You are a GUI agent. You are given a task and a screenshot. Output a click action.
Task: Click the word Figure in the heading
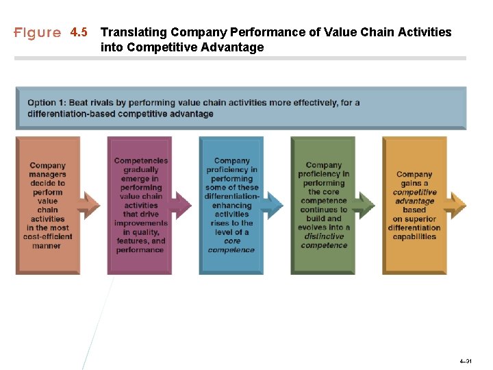tap(38, 33)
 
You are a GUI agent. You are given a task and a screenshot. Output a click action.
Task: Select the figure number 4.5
tap(79, 33)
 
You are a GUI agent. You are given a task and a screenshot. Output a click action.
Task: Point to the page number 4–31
tap(466, 359)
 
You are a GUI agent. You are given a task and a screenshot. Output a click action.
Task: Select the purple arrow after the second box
tap(181, 204)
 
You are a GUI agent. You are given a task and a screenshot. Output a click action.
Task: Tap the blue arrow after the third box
tap(273, 204)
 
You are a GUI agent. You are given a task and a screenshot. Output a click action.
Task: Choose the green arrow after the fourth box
tap(364, 204)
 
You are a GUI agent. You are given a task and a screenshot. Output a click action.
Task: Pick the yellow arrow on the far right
tap(457, 204)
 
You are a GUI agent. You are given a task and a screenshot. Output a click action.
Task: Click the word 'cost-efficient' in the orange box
tap(48, 236)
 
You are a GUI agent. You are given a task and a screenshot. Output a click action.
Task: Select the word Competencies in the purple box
tap(141, 161)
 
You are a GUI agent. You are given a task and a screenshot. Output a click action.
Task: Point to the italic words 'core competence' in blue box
tap(231, 245)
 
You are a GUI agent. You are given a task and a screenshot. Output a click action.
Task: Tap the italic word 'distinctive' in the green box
tap(324, 236)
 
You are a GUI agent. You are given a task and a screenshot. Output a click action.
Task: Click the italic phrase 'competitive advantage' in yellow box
tap(414, 197)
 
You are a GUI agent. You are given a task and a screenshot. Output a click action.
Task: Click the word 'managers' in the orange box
tap(48, 174)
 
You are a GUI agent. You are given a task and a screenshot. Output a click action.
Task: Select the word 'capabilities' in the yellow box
tap(414, 236)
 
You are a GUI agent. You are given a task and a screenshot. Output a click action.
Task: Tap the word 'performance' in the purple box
tap(140, 250)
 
